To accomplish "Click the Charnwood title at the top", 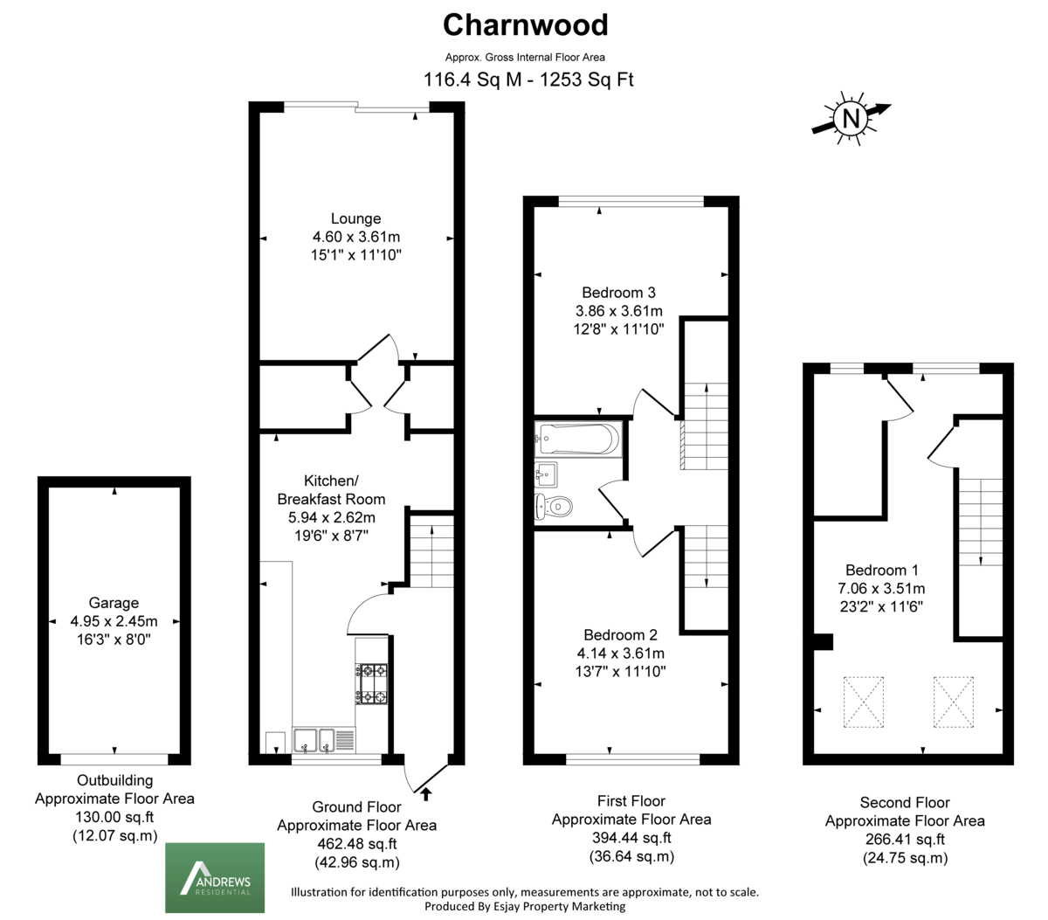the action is [x=525, y=24].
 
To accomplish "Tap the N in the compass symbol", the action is [x=851, y=118].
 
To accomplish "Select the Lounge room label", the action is [x=356, y=218].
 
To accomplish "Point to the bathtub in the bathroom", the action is [x=578, y=439].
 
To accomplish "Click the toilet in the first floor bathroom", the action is [x=554, y=506].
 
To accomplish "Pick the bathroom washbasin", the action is [x=546, y=474].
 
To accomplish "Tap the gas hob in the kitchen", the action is [x=371, y=684].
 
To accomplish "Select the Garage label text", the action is [x=114, y=603].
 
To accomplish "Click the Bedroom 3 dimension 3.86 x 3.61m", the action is [x=618, y=311].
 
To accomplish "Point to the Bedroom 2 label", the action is [x=620, y=635].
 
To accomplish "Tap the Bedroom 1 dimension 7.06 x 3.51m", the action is [x=881, y=588].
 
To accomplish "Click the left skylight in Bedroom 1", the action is [x=864, y=702].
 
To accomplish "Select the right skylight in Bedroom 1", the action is [x=954, y=702].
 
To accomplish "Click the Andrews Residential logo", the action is [x=215, y=877].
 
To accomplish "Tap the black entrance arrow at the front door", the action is [x=425, y=794].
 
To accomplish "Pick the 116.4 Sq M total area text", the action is [x=472, y=80].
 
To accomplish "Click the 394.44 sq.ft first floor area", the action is [x=631, y=837].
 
